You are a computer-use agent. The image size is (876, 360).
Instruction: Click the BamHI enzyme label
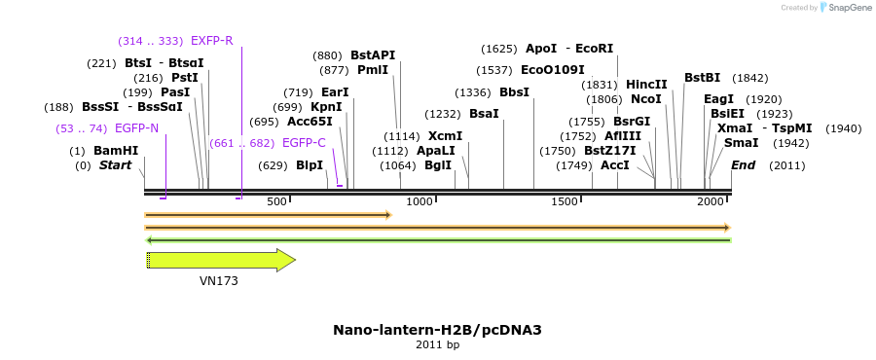click(116, 151)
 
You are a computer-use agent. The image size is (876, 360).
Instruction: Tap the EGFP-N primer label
click(136, 127)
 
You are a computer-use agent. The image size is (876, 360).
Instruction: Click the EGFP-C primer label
click(304, 143)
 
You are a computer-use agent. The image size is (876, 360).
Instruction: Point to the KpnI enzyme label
click(326, 107)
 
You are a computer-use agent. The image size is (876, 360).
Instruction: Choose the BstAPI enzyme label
click(373, 55)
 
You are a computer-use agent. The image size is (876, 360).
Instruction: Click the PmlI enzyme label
click(373, 70)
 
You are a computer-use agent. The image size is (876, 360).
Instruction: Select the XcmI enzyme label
click(445, 136)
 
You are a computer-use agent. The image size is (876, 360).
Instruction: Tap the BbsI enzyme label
click(514, 92)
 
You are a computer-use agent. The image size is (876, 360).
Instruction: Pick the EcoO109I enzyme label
click(553, 70)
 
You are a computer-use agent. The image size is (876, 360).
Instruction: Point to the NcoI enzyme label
click(646, 99)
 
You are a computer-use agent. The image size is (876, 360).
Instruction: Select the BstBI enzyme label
click(702, 78)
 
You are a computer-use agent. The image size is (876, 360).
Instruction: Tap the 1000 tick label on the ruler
click(420, 201)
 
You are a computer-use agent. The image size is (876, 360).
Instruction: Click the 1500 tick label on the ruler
click(565, 201)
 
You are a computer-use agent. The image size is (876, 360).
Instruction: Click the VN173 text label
click(219, 281)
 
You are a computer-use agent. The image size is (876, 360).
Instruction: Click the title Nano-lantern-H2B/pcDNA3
click(437, 330)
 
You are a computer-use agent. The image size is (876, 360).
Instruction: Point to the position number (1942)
click(791, 143)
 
